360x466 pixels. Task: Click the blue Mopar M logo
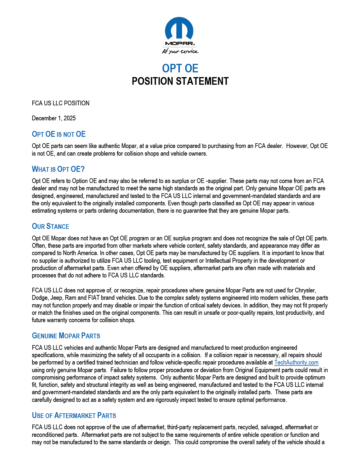pos(179,29)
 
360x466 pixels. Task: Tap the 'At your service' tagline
pos(180,51)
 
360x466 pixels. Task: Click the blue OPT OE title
pos(180,68)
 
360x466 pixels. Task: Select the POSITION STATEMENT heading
pos(180,81)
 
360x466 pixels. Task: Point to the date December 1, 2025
pos(54,118)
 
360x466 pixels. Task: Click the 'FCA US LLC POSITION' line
pos(61,103)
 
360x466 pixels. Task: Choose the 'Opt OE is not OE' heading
pos(59,134)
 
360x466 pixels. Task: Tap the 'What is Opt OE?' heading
pos(58,169)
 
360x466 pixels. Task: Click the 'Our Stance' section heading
pos(51,227)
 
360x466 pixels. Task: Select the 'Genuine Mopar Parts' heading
pos(66,336)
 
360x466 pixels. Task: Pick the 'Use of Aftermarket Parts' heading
pos(74,416)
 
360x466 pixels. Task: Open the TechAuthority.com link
pos(296,363)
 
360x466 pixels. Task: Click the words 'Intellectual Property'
pos(229,261)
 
